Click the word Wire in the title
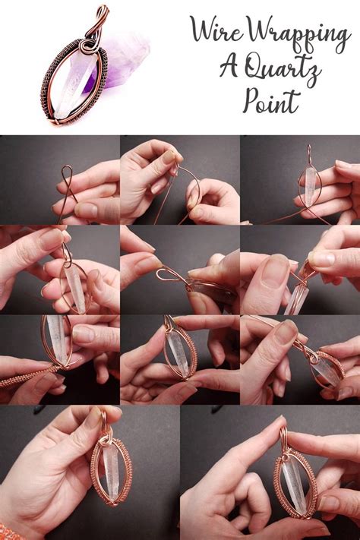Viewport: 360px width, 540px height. click(x=215, y=31)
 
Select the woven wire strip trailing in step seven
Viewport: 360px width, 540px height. click(x=27, y=375)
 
